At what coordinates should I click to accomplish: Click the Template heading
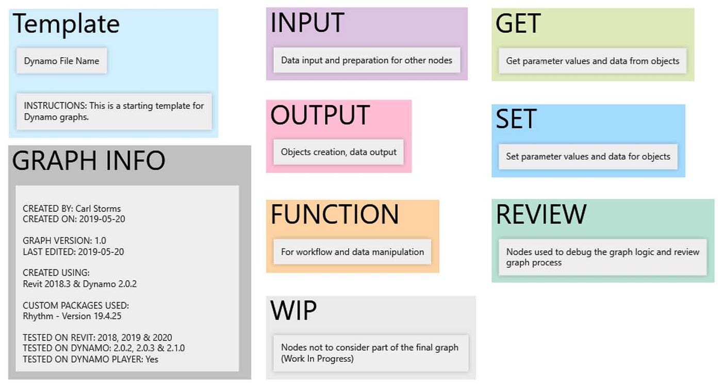click(66, 24)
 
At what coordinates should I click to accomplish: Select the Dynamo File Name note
click(61, 61)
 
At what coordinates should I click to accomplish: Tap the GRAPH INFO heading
click(89, 160)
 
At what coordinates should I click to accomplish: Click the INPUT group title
click(307, 23)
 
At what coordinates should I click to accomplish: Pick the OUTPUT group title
click(320, 115)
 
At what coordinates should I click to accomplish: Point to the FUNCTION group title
click(335, 214)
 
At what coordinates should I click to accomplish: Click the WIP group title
click(293, 310)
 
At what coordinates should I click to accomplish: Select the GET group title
click(518, 24)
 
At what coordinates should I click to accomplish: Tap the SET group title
click(516, 119)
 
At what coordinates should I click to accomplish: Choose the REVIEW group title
click(541, 214)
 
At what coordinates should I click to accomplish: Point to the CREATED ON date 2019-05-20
click(102, 219)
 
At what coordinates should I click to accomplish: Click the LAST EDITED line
click(73, 251)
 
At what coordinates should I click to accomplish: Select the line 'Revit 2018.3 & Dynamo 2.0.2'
click(79, 284)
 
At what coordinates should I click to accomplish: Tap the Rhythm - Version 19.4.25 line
click(72, 316)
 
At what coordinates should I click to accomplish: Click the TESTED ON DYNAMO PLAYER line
click(91, 359)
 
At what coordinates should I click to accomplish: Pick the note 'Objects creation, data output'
click(338, 152)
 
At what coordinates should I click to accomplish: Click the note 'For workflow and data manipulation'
click(352, 252)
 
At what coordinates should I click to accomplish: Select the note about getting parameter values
click(593, 61)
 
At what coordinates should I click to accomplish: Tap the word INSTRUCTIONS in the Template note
click(55, 106)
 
